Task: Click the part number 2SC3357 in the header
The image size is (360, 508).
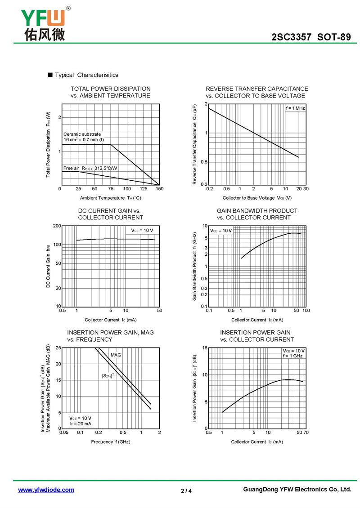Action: click(292, 37)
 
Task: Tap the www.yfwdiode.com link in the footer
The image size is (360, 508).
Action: click(46, 490)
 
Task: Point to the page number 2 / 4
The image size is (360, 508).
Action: click(186, 490)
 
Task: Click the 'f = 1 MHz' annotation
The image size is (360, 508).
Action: click(296, 108)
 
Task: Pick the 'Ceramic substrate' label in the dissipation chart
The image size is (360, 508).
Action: click(82, 134)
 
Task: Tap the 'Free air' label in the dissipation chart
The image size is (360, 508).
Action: click(71, 168)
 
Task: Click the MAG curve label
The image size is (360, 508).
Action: click(116, 355)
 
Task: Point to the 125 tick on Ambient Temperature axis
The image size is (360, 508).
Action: click(144, 189)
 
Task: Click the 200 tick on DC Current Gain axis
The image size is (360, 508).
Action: click(57, 226)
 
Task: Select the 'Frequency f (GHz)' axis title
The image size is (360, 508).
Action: click(111, 442)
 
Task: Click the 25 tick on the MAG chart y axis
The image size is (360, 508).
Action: click(58, 348)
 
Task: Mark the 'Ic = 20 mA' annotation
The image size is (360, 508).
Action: click(80, 423)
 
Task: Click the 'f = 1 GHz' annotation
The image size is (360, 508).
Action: click(293, 356)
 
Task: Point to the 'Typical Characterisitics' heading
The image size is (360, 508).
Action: click(86, 75)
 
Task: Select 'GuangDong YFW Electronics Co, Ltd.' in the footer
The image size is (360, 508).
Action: click(297, 490)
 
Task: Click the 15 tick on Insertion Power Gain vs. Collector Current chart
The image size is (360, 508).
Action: click(204, 348)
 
